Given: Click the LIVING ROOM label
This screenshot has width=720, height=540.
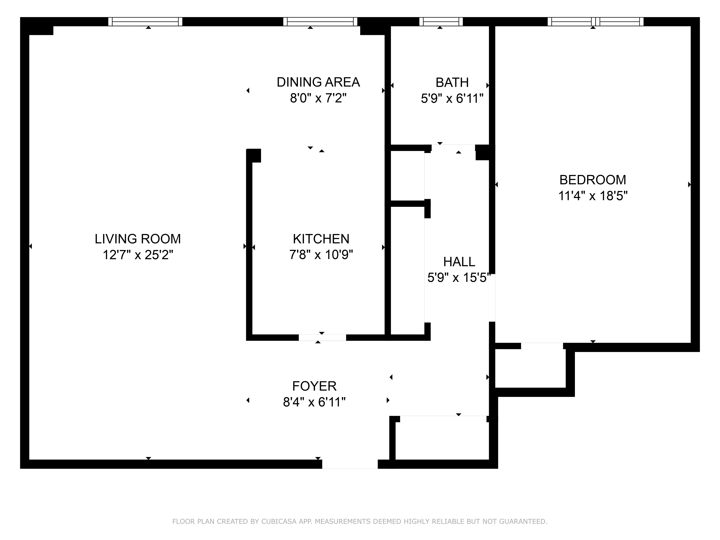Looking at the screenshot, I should pos(138,239).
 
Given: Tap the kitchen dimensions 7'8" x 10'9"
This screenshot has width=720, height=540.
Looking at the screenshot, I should pos(321,255).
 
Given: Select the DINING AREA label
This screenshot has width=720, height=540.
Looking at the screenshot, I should pos(318,82).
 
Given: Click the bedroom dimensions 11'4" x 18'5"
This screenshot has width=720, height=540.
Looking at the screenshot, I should pos(593,196).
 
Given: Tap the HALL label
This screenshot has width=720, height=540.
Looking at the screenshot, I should pos(459,262).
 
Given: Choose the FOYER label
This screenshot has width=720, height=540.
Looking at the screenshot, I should pos(314,386).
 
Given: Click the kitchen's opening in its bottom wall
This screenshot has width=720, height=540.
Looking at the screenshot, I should pos(322,337).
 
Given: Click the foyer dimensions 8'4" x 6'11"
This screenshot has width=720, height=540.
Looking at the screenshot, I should pos(314,402).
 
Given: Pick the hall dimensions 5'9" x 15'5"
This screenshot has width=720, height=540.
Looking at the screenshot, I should pos(459,278).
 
